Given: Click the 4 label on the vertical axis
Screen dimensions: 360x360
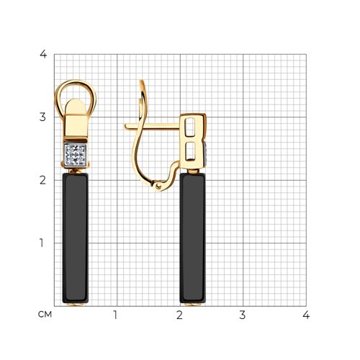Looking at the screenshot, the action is (x=43, y=54).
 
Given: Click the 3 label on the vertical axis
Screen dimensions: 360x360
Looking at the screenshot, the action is (x=42, y=117).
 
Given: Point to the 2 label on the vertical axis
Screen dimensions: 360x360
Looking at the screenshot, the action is (x=42, y=180).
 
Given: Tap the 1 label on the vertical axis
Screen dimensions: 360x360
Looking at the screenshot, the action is (x=42, y=243).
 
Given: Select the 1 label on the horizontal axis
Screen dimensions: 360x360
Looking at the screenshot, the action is (x=115, y=315).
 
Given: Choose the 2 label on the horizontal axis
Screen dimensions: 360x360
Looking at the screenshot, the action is (x=179, y=315).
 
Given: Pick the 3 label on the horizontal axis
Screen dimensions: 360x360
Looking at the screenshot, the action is (x=243, y=315).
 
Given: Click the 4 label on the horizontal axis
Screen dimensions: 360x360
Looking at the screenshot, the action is (x=306, y=315).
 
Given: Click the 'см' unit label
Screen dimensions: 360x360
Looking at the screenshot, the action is (x=45, y=315).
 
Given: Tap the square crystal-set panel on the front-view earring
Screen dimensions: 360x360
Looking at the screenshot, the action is (x=76, y=155).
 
